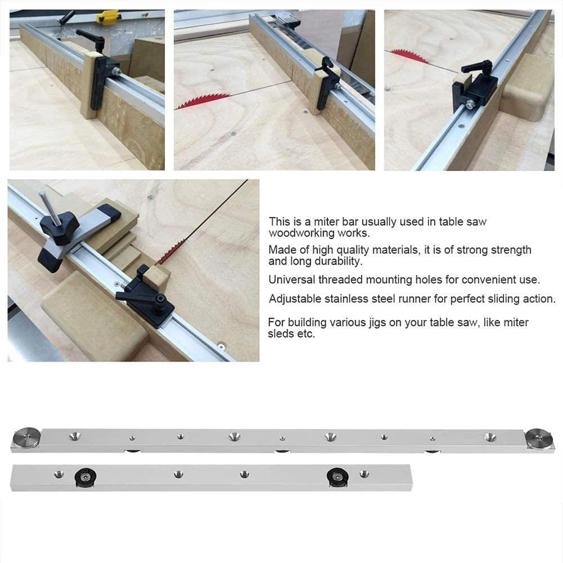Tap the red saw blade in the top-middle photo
(x=203, y=100)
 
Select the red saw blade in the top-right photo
(x=410, y=56)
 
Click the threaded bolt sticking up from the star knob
(x=47, y=205)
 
